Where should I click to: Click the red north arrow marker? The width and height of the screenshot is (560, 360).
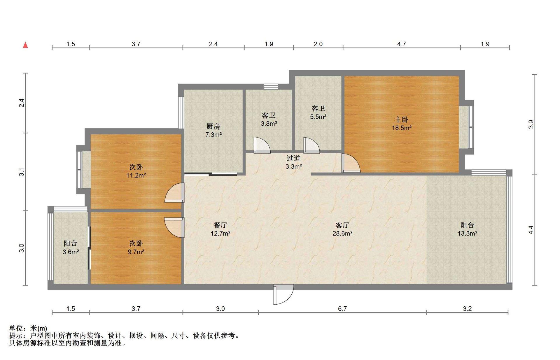click(25, 45)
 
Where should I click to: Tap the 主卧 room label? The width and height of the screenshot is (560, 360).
click(401, 120)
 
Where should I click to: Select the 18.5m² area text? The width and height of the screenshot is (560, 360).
click(402, 128)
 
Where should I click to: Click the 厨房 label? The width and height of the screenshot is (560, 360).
click(213, 127)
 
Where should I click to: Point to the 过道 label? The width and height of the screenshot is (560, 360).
click(293, 158)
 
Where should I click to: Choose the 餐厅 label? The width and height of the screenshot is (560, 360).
click(220, 225)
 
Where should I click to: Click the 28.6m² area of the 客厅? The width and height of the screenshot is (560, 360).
click(342, 233)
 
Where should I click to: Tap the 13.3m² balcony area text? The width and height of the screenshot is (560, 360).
click(467, 233)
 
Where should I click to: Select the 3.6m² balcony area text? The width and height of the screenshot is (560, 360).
click(71, 252)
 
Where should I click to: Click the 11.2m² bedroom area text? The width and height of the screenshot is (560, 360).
click(136, 175)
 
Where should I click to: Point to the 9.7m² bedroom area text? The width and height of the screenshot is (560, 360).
click(136, 252)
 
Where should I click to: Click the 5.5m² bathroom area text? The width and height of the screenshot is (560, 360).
click(318, 117)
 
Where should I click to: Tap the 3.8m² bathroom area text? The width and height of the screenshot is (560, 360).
click(269, 124)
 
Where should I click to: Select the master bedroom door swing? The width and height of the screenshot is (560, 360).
click(351, 163)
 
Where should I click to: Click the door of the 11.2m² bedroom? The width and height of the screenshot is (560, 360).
click(174, 193)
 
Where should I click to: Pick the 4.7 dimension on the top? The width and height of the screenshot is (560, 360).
click(402, 44)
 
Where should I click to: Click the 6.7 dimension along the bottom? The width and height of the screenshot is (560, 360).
click(342, 309)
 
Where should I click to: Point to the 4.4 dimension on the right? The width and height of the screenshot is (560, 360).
click(531, 230)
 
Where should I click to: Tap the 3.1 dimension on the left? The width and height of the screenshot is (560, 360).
click(22, 172)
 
